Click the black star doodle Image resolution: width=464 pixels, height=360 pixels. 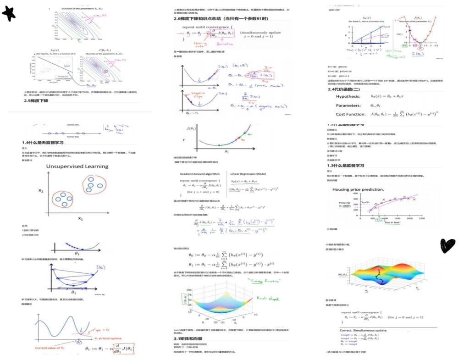pyautogui.click(x=9, y=14)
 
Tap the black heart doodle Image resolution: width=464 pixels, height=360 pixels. pyautogui.click(x=447, y=245)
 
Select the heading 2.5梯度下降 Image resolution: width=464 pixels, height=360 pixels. pyautogui.click(x=36, y=100)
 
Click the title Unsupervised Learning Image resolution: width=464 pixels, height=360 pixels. pyautogui.click(x=77, y=166)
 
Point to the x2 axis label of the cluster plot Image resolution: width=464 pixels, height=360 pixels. pyautogui.click(x=41, y=191)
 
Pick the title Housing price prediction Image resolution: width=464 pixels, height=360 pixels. pyautogui.click(x=358, y=189)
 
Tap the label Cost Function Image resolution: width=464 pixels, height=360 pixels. pyautogui.click(x=353, y=114)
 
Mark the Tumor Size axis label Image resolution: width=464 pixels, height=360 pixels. pyautogui.click(x=73, y=136)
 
